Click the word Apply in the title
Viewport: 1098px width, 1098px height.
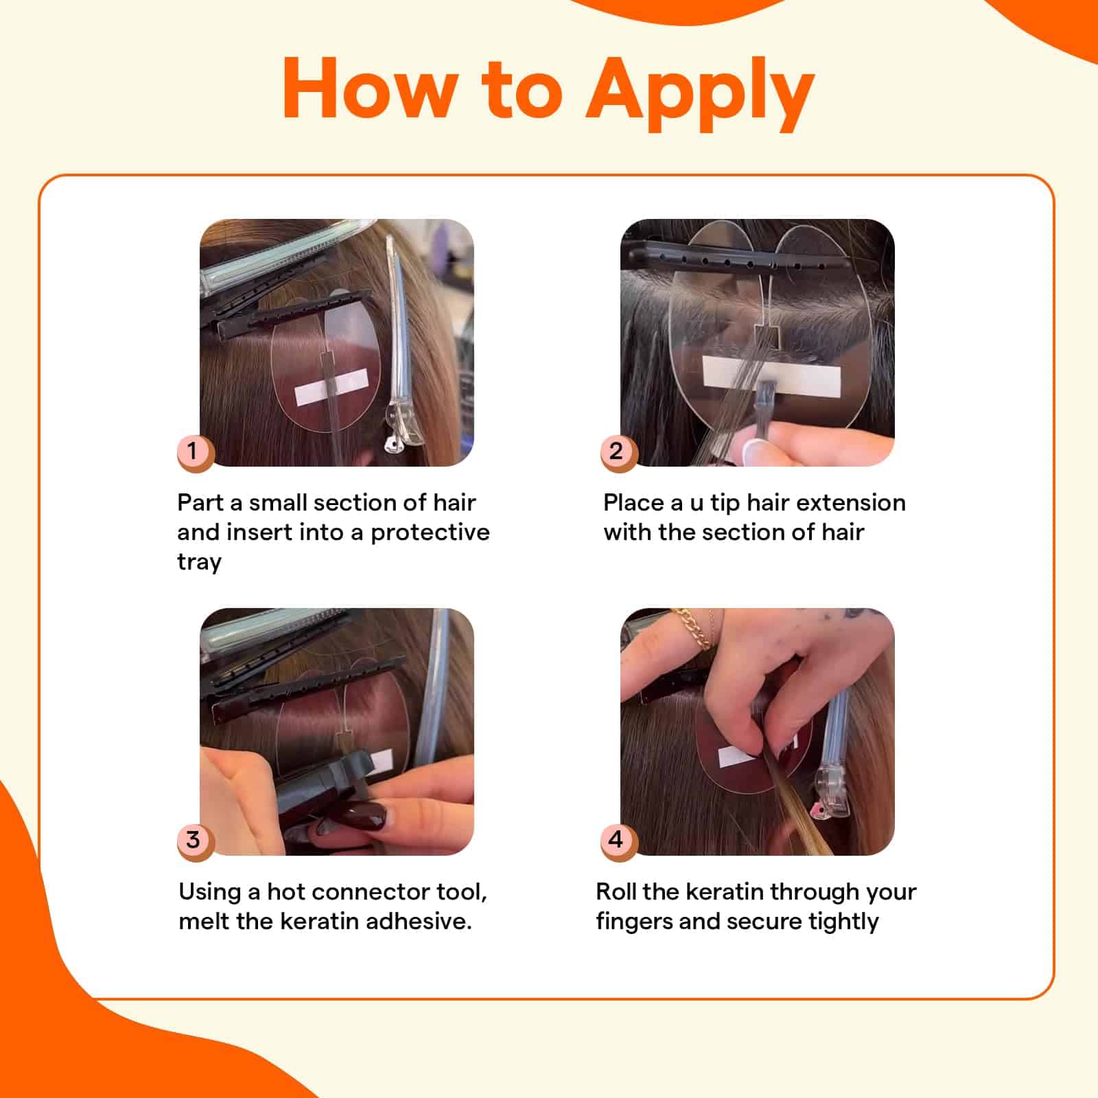coord(700,93)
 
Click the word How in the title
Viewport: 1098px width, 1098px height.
coord(371,88)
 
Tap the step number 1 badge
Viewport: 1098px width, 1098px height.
coord(193,451)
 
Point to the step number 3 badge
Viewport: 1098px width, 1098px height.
coord(193,839)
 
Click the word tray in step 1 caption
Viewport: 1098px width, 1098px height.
coord(200,563)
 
